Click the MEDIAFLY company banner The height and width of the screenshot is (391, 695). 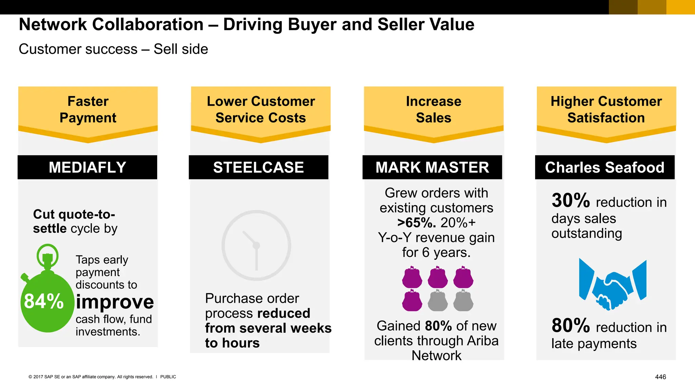click(x=87, y=167)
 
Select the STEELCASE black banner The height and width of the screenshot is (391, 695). click(x=258, y=167)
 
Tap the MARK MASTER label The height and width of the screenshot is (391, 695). click(x=432, y=167)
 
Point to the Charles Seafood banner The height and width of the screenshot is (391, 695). click(x=604, y=167)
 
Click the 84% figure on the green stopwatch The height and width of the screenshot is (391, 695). click(x=44, y=301)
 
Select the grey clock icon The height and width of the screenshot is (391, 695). click(x=256, y=245)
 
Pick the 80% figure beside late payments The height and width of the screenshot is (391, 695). click(x=571, y=325)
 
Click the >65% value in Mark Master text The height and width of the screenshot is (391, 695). click(x=416, y=223)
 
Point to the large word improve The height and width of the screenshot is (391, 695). click(x=115, y=302)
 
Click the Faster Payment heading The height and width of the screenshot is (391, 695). click(x=88, y=110)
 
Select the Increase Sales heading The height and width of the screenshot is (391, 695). click(x=433, y=110)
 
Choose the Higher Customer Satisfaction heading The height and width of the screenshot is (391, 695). click(x=606, y=110)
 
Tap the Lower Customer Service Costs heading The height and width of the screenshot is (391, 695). click(x=261, y=110)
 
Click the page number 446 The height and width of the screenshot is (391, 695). click(x=660, y=377)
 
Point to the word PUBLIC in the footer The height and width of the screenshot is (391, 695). click(x=168, y=377)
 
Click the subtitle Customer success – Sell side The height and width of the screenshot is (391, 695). click(x=113, y=49)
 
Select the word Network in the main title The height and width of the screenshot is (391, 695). click(x=53, y=24)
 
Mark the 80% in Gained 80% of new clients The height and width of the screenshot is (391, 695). click(x=438, y=326)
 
